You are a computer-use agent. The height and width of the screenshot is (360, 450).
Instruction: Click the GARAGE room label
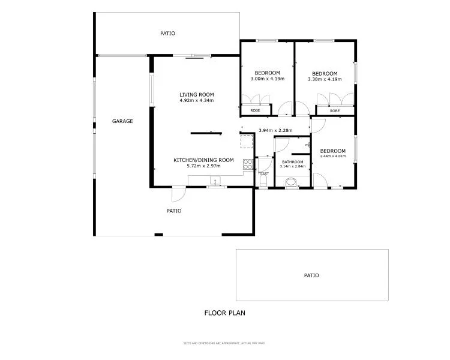pyautogui.click(x=122, y=121)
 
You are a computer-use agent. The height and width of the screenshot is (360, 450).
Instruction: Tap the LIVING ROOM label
pyautogui.click(x=196, y=94)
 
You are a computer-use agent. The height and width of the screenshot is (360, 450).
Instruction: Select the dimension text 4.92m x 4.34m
pyautogui.click(x=196, y=100)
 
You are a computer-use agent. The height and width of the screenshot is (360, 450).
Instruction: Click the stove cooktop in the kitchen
pyautogui.click(x=247, y=163)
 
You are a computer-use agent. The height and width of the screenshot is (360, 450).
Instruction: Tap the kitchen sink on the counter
pyautogui.click(x=215, y=180)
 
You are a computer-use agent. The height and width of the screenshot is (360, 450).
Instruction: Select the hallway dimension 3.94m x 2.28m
pyautogui.click(x=275, y=130)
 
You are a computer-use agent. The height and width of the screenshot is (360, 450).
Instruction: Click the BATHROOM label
pyautogui.click(x=292, y=161)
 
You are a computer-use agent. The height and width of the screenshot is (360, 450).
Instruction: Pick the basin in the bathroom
pyautogui.click(x=292, y=182)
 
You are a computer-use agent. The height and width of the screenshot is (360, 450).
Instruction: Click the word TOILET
pyautogui.click(x=263, y=173)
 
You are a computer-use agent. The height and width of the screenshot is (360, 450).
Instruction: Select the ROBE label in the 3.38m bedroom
pyautogui.click(x=334, y=110)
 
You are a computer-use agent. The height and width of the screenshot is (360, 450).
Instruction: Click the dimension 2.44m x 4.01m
pyautogui.click(x=332, y=157)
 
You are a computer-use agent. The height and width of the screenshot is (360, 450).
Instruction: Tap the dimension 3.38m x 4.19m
pyautogui.click(x=325, y=79)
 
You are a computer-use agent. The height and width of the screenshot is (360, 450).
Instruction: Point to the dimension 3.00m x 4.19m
pyautogui.click(x=267, y=79)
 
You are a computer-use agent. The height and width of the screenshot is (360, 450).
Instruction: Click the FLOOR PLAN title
pyautogui.click(x=225, y=313)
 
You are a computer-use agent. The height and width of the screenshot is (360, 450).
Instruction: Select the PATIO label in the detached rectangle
pyautogui.click(x=311, y=275)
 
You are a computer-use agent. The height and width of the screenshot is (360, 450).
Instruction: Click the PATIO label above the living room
pyautogui.click(x=167, y=34)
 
